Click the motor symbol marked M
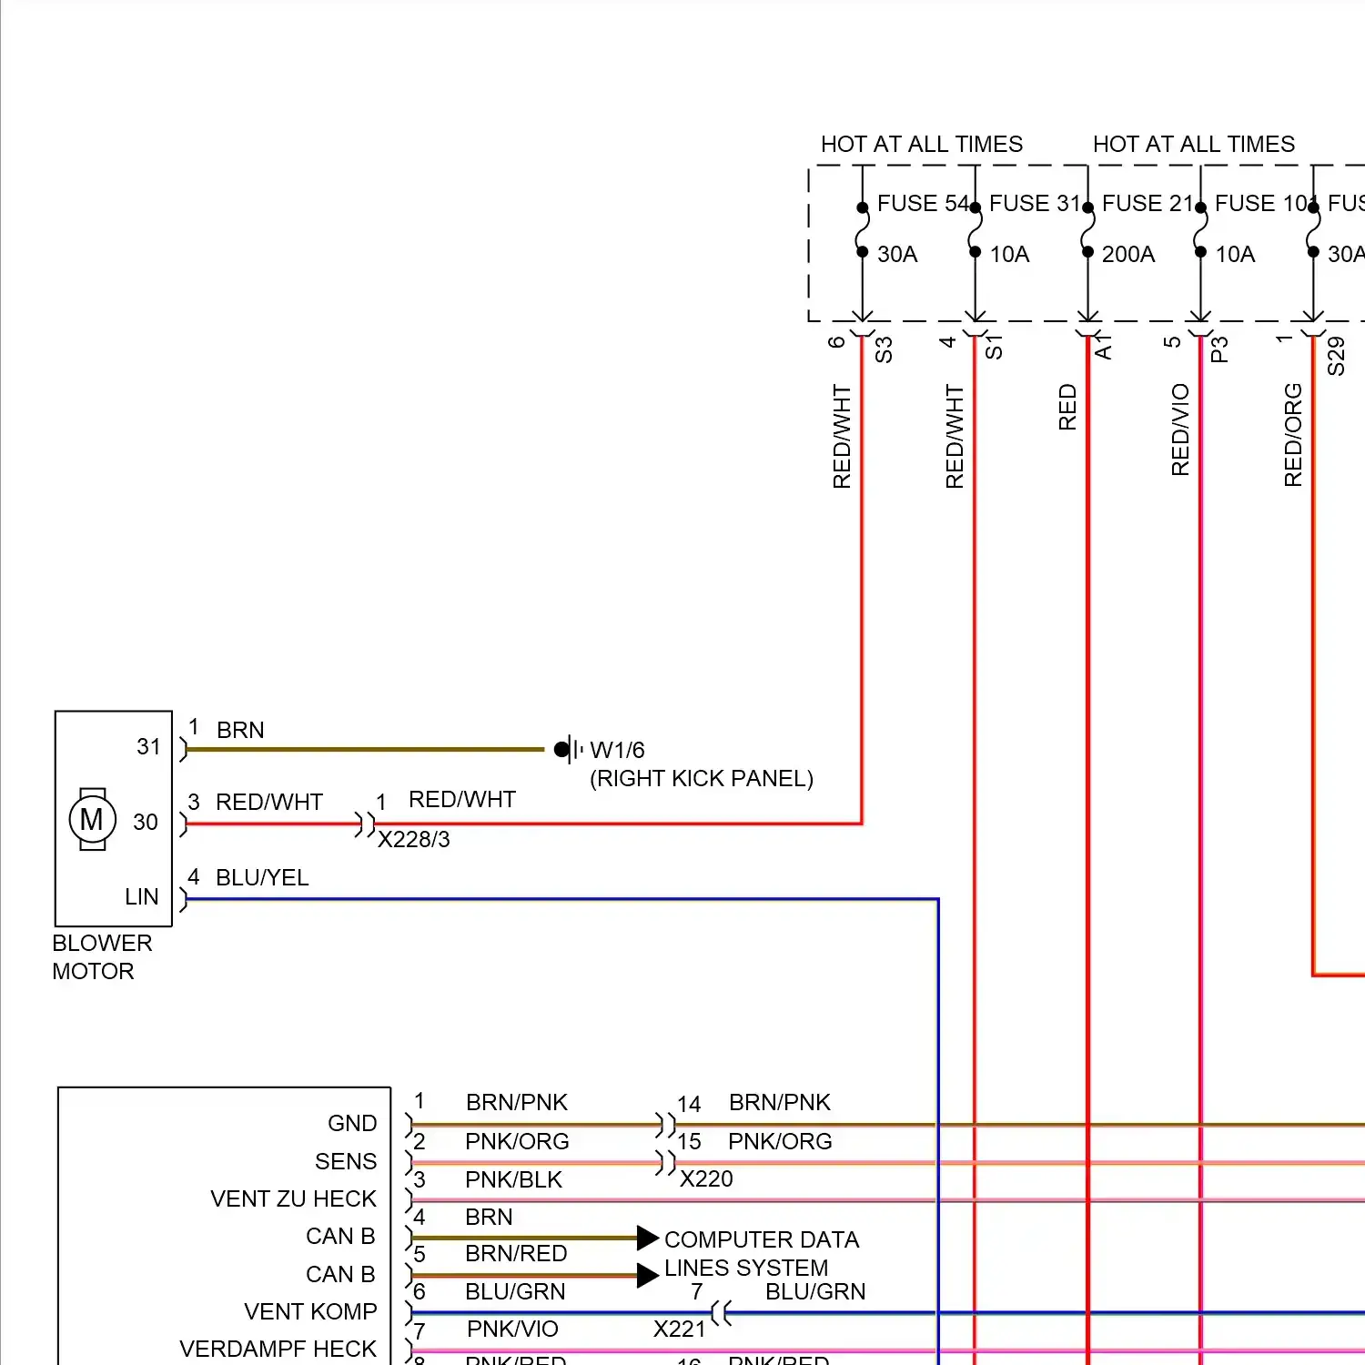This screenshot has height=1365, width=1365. [92, 820]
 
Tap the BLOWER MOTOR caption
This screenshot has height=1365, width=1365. [101, 956]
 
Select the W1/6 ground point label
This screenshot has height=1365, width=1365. [617, 750]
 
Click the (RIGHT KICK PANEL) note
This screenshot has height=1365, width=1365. [701, 779]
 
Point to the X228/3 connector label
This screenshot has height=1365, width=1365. [413, 839]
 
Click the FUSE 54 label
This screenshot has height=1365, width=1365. [921, 203]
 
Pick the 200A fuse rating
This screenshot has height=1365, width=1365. [1127, 254]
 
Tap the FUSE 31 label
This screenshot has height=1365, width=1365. [1034, 203]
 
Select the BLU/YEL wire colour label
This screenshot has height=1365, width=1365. [262, 877]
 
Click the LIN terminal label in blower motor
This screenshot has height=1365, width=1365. [141, 897]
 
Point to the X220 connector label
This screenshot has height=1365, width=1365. [706, 1178]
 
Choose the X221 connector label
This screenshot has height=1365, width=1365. [679, 1330]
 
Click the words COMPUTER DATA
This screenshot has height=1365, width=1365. [761, 1239]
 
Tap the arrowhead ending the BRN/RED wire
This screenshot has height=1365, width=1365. [647, 1275]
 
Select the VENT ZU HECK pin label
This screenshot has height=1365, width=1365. [293, 1198]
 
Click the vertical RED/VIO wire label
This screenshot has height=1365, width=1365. [1180, 430]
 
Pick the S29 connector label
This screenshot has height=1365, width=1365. [1336, 356]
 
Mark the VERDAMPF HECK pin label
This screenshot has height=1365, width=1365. [278, 1349]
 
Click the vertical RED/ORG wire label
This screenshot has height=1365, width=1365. [1293, 434]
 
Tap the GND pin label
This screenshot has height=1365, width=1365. [351, 1123]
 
